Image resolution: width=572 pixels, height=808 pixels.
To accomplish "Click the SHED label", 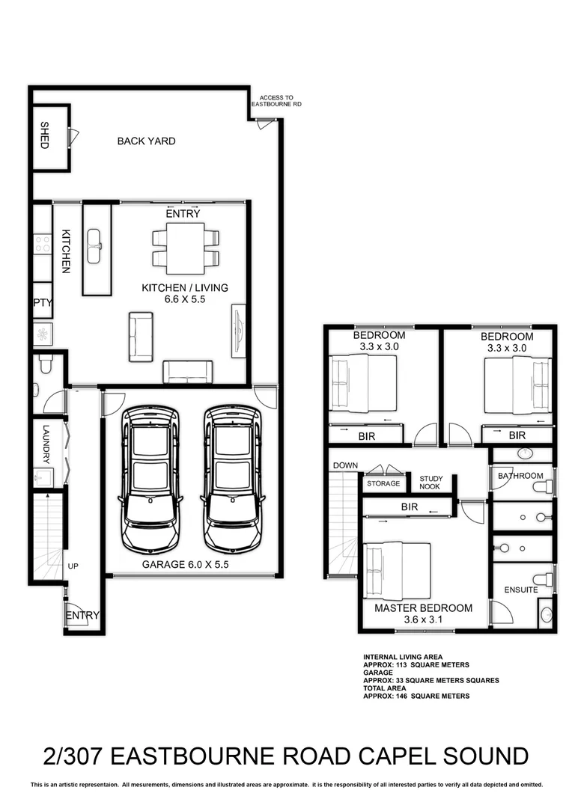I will click(44, 135).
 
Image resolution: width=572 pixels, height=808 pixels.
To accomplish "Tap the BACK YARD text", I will click(146, 141).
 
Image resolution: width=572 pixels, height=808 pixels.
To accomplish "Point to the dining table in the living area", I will click(186, 248).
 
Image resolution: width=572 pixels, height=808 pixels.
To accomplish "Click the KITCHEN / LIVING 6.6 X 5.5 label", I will click(185, 293).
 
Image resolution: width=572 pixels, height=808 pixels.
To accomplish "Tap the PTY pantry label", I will click(40, 303).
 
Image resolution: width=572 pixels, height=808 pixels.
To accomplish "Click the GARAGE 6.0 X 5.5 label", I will click(185, 565).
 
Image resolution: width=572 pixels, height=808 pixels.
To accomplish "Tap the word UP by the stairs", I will click(73, 566).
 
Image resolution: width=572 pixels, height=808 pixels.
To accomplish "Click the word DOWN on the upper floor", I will click(345, 465).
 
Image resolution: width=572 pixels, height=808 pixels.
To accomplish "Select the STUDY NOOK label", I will click(430, 483).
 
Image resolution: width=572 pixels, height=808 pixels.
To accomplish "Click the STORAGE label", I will click(383, 484).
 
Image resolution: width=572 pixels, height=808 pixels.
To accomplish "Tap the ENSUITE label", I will click(520, 590).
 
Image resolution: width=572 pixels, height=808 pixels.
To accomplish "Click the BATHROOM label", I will click(520, 476).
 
